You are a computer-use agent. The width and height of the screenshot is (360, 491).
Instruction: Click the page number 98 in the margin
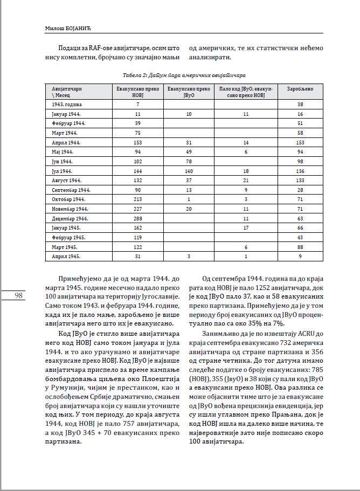(x=18, y=295)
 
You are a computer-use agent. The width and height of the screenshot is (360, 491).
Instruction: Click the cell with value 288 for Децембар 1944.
(x=138, y=219)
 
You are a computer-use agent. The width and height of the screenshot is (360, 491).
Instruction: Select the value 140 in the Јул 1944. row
(x=189, y=171)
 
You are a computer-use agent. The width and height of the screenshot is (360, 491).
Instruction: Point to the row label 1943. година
(x=67, y=103)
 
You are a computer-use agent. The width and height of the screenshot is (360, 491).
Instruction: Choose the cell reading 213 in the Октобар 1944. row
(x=138, y=199)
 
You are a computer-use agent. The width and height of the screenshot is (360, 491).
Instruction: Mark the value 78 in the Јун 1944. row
(x=189, y=161)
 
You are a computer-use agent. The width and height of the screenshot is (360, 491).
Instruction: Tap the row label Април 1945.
(x=66, y=257)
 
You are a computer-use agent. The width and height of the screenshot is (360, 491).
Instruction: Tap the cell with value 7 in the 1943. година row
(x=138, y=103)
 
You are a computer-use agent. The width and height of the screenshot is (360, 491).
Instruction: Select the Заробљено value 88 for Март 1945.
(x=300, y=247)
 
